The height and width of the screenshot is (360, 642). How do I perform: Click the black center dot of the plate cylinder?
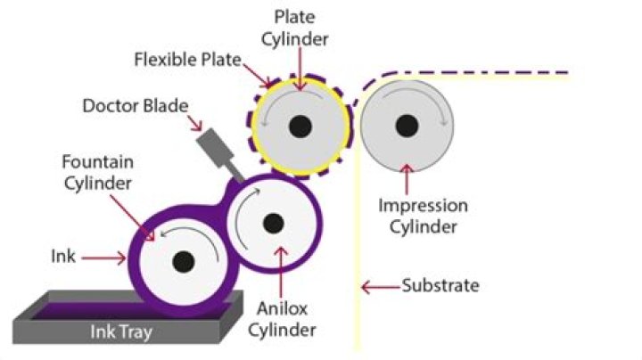(300, 126)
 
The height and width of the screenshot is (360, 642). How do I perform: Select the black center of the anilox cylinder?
(273, 223)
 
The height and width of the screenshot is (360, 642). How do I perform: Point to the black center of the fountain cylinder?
(184, 262)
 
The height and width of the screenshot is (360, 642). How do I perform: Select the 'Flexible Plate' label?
(183, 61)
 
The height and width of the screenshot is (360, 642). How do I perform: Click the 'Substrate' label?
(440, 286)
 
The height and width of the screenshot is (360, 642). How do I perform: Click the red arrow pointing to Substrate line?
(378, 287)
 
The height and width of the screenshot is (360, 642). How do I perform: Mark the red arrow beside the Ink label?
(108, 258)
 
